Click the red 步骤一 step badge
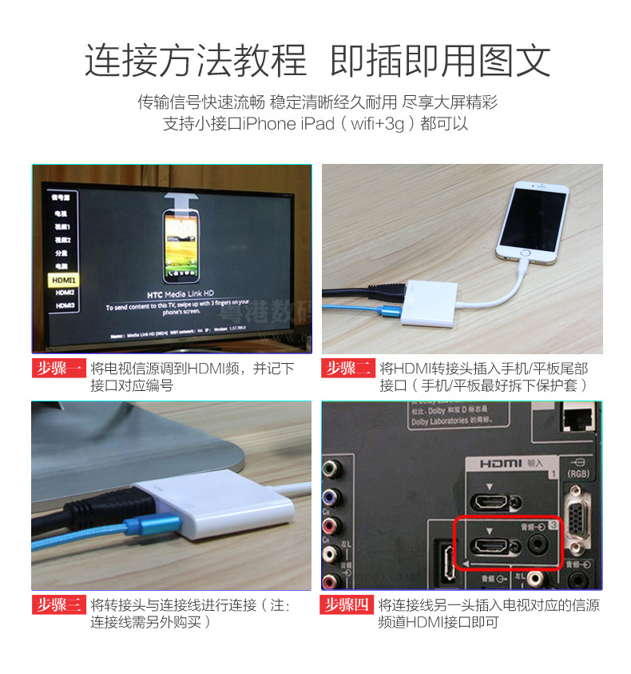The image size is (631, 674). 58,369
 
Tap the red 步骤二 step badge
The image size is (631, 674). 348,369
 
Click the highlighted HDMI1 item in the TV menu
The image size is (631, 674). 63,281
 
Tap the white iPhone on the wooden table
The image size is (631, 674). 531,220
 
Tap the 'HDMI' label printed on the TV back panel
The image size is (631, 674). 502,464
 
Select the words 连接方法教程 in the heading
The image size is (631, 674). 195,60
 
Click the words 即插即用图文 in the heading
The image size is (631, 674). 440,60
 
